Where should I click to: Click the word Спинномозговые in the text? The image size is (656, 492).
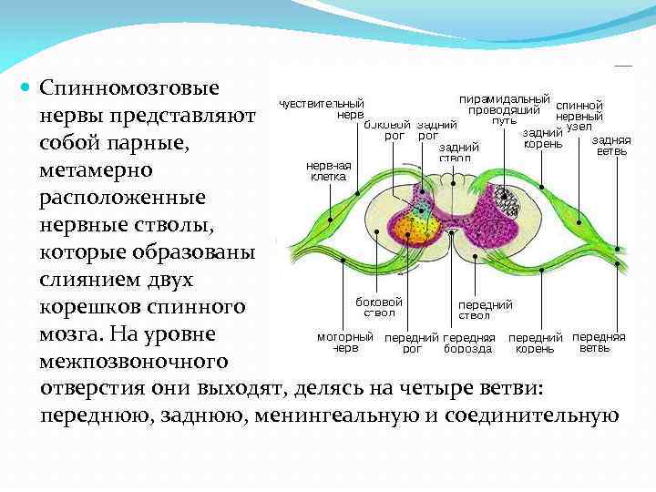(x=129, y=90)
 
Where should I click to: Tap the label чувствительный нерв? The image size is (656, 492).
(x=322, y=109)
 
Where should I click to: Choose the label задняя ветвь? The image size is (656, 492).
(x=610, y=146)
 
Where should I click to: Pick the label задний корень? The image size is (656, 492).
(x=542, y=138)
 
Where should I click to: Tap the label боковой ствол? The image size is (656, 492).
(x=379, y=307)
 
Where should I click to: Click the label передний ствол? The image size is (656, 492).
(x=485, y=310)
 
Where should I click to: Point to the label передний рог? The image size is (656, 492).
(x=412, y=343)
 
